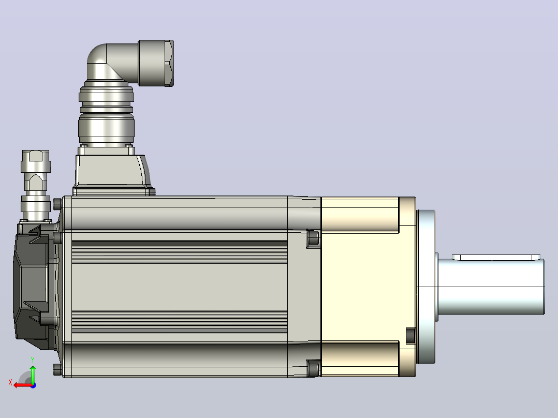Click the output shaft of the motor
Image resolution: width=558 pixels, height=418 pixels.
tap(491, 287)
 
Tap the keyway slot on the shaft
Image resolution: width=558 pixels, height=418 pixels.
tap(496, 258)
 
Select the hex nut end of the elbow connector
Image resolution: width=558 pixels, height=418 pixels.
tap(156, 63)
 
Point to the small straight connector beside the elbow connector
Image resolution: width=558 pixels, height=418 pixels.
tap(36, 185)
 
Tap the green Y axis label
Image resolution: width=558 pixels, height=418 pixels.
tap(33, 360)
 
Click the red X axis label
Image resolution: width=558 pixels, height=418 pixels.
tap(10, 383)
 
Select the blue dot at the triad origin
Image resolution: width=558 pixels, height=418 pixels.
tap(33, 385)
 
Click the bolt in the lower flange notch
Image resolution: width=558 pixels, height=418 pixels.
tap(410, 336)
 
